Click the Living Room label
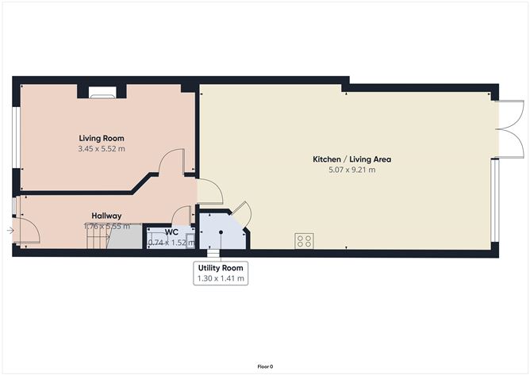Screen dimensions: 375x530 tap(101, 138)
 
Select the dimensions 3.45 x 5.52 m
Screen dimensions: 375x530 tap(101, 148)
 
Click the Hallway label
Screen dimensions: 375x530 tap(106, 216)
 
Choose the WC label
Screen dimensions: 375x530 tap(171, 232)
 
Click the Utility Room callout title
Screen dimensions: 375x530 tap(221, 268)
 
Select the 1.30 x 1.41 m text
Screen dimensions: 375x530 tap(221, 278)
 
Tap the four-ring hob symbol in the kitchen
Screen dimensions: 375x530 tap(303, 239)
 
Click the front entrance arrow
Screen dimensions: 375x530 tap(9, 231)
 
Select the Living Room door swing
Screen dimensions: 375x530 tap(173, 162)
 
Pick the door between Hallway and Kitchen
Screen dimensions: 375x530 tap(209, 191)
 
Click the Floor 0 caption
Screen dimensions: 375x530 tap(265, 366)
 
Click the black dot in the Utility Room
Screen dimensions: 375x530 tap(221, 232)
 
